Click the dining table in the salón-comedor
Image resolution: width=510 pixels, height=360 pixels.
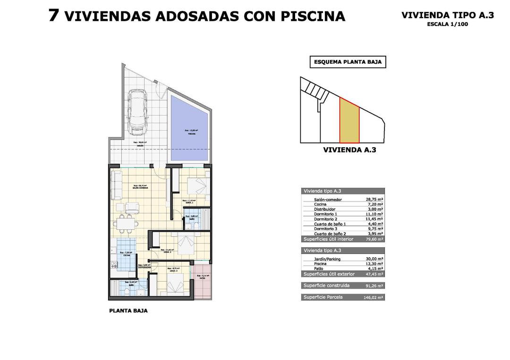pyautogui.click(x=126, y=222)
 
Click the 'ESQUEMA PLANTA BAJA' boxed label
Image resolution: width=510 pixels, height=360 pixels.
pyautogui.click(x=348, y=62)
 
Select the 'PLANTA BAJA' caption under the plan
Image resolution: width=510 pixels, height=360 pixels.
pyautogui.click(x=128, y=311)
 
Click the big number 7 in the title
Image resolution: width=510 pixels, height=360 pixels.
pyautogui.click(x=54, y=15)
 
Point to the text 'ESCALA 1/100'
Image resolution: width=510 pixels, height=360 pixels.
pyautogui.click(x=447, y=25)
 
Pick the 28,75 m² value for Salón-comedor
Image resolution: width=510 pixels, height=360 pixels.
pyautogui.click(x=374, y=200)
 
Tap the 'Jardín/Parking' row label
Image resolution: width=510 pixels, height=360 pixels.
pyautogui.click(x=327, y=259)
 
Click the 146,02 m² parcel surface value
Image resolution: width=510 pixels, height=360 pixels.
pyautogui.click(x=373, y=298)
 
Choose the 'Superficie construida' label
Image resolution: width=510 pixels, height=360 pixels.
pyautogui.click(x=326, y=285)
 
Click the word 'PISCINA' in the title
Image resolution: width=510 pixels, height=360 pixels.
pyautogui.click(x=313, y=17)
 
